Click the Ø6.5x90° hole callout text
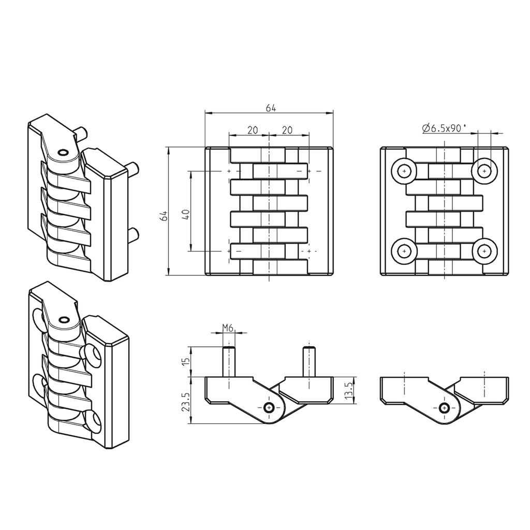pyautogui.click(x=444, y=128)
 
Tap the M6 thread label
pyautogui.click(x=228, y=327)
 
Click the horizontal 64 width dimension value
pyautogui.click(x=271, y=108)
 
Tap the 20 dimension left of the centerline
pyautogui.click(x=252, y=130)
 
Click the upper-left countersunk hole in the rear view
pyautogui.click(x=404, y=170)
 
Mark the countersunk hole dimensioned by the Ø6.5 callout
pyautogui.click(x=484, y=170)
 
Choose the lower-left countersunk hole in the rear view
pyautogui.click(x=404, y=251)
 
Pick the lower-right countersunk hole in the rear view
pyautogui.click(x=484, y=251)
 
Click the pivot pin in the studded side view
pyautogui.click(x=269, y=408)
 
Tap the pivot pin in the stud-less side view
pyautogui.click(x=444, y=408)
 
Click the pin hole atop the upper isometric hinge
pyautogui.click(x=63, y=153)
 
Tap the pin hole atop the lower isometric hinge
pyautogui.click(x=64, y=319)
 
